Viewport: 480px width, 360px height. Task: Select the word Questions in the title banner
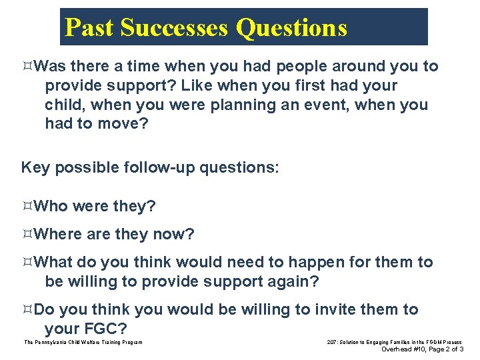292,28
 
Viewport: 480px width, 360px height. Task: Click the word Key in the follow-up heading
36,167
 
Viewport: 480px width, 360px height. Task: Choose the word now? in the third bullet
173,235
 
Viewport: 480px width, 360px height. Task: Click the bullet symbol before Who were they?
27,207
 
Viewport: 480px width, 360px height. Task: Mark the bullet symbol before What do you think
27,263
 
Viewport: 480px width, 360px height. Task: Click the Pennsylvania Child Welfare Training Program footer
83,342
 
